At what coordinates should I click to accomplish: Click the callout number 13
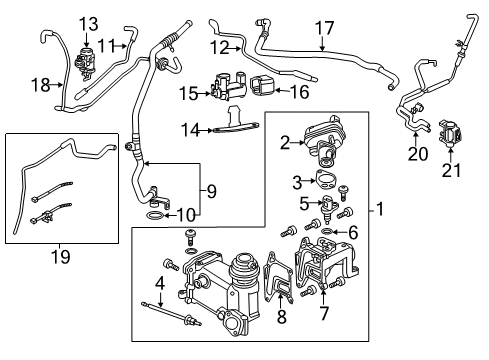(88, 24)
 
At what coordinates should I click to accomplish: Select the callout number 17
(324, 28)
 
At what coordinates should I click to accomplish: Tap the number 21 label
(451, 170)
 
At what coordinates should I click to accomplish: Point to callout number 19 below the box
(60, 257)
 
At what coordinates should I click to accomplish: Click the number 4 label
(160, 283)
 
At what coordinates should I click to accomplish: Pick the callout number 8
(282, 316)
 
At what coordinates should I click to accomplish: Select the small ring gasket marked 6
(327, 231)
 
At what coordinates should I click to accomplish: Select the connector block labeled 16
(262, 86)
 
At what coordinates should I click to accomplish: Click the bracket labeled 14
(237, 122)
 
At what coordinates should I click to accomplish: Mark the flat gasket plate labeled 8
(279, 277)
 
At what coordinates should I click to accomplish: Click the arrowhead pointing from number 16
(277, 90)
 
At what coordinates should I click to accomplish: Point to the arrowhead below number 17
(322, 48)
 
